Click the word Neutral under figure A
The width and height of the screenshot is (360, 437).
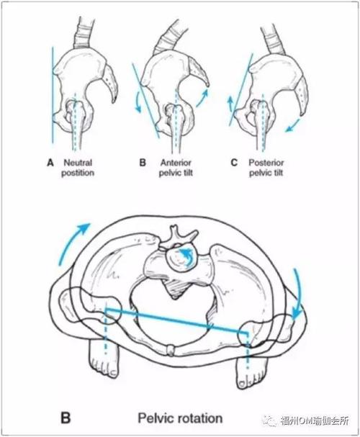click(78, 163)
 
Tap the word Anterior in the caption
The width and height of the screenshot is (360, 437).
click(176, 163)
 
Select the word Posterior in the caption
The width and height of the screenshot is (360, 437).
click(266, 163)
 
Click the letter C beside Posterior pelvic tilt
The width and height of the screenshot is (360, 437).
click(234, 163)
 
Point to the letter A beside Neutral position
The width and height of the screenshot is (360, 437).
click(50, 163)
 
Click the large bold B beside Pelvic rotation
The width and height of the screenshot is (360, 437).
click(66, 418)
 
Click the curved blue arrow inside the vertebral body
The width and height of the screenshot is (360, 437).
click(186, 254)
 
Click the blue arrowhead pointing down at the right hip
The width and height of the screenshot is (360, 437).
click(297, 315)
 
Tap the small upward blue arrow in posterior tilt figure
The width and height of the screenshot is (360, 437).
click(231, 104)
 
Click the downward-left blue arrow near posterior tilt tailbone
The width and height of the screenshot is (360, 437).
click(293, 125)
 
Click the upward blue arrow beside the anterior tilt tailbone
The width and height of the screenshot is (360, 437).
click(203, 97)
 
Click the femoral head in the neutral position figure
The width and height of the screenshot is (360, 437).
click(74, 107)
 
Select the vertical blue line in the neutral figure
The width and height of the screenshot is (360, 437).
click(53, 95)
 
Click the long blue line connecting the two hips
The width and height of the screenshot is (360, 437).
click(176, 320)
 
